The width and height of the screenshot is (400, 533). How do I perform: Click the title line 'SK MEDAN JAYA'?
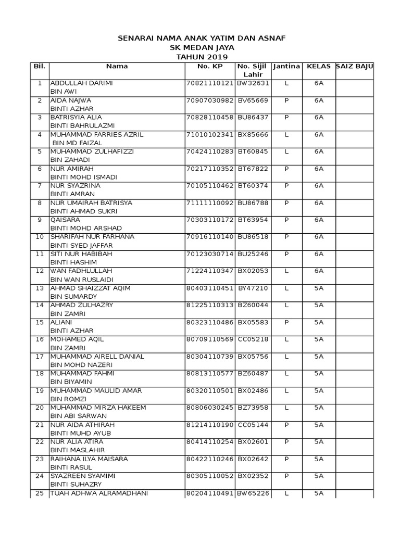tap(202, 47)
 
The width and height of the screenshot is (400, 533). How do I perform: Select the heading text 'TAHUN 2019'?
tap(202, 56)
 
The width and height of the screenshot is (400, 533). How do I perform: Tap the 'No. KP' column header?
tap(210, 67)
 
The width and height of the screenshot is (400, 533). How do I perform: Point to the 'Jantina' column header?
tap(286, 67)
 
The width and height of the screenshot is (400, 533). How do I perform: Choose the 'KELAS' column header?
tap(318, 67)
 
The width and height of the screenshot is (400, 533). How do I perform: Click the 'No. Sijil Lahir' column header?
tap(253, 70)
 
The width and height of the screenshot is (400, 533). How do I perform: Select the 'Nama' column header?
tap(117, 67)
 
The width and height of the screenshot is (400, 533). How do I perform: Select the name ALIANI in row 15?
tap(62, 322)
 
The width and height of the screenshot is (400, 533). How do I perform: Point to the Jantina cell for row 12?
tap(286, 271)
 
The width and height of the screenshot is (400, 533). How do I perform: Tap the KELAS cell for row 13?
tap(318, 288)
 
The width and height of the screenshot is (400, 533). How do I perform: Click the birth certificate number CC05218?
tap(253, 339)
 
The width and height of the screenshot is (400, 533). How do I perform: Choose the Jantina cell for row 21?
tap(286, 425)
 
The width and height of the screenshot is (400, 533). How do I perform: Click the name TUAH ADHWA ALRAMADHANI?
tap(99, 493)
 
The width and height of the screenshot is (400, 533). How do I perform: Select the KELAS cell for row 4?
tap(318, 134)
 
